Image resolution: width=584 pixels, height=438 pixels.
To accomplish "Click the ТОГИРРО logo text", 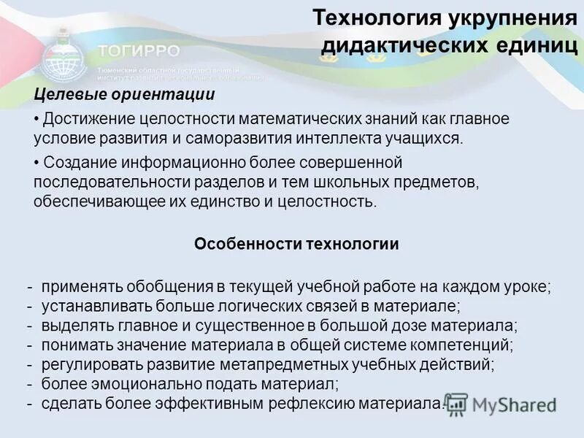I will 138,51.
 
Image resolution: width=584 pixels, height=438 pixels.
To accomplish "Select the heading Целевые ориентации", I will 125,94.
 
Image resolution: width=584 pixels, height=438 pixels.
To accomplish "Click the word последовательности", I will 106,181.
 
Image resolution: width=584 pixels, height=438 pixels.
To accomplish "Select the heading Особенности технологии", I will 296,244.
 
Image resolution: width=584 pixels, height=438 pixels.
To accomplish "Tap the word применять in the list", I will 77,286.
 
